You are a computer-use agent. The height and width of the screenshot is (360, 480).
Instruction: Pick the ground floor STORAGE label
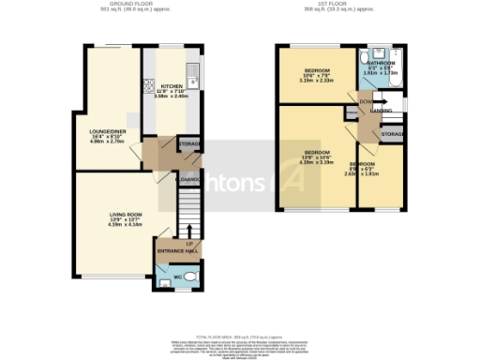pos(188,143)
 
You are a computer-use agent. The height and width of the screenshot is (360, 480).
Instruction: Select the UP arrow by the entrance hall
pos(190,232)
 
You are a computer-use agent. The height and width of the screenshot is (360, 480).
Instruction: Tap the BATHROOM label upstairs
pos(381,62)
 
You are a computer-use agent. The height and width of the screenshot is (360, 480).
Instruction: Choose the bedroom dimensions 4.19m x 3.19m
pos(316,162)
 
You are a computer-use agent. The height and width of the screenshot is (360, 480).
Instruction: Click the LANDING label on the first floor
pos(382,111)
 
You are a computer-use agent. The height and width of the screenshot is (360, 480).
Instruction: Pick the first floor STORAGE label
pos(393,136)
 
